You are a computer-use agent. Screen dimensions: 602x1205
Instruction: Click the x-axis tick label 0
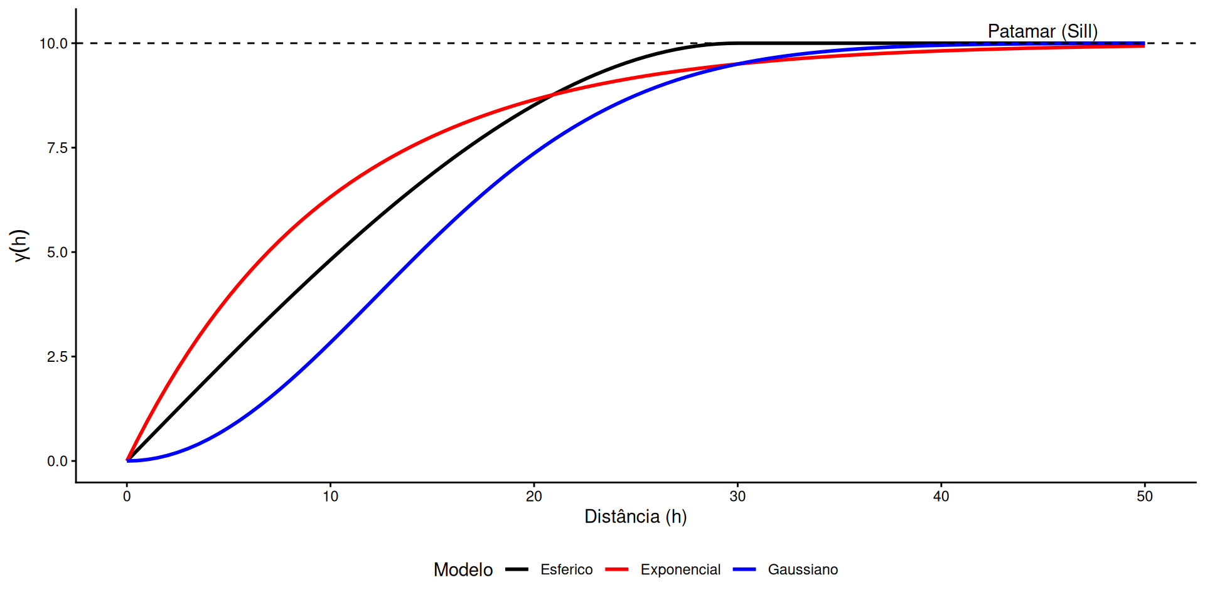pos(127,497)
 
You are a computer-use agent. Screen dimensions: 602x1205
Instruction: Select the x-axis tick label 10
pos(330,497)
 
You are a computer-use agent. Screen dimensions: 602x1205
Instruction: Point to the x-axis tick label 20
pos(533,497)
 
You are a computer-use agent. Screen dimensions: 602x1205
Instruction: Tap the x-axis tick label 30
pos(737,497)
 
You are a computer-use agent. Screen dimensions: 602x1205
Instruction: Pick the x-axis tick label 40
pos(941,497)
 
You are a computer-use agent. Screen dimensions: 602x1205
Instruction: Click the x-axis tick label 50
pos(1144,497)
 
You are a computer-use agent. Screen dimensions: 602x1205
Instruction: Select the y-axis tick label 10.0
pos(53,44)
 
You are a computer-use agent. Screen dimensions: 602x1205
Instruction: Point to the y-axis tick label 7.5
pos(57,148)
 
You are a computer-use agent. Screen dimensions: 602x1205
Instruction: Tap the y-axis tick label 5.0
pos(57,253)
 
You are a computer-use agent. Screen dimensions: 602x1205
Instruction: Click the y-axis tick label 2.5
pos(57,357)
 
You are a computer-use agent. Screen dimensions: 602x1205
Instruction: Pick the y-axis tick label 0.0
pos(57,462)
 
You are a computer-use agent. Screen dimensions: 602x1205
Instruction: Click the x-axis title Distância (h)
pos(635,517)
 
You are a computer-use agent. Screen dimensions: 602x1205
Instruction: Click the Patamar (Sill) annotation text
pos(1042,31)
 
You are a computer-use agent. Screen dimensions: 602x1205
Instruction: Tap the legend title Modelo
pos(463,569)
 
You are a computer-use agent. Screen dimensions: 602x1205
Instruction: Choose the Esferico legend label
pos(566,569)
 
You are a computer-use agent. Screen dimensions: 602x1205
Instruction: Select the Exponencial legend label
pos(680,569)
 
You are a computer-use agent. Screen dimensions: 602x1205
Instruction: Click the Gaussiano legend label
pos(803,569)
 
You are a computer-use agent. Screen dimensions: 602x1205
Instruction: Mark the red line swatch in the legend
pos(617,569)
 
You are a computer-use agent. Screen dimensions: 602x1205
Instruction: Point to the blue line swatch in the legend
pos(744,569)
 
